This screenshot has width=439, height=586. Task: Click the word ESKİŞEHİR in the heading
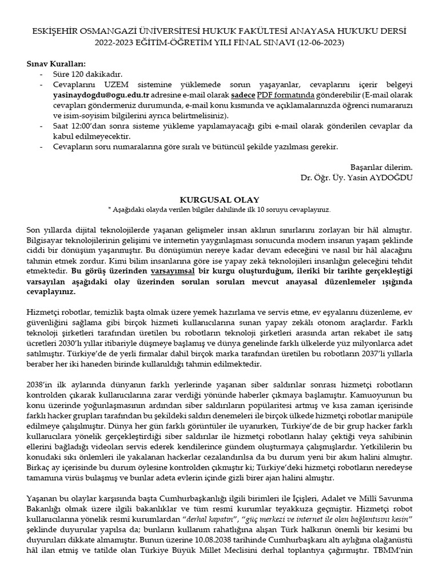click(x=56, y=30)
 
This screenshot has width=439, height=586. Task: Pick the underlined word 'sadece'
click(x=242, y=96)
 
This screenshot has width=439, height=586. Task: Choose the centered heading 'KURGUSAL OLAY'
click(x=219, y=200)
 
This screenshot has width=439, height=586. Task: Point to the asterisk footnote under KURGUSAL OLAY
click(x=219, y=209)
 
